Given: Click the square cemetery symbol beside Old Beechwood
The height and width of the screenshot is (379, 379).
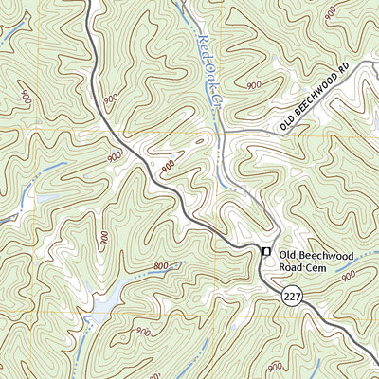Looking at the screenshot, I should pyautogui.click(x=266, y=251).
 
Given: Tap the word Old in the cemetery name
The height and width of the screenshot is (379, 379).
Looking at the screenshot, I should pyautogui.click(x=290, y=252).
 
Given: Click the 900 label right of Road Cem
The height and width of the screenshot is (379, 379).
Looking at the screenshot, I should pyautogui.click(x=347, y=277).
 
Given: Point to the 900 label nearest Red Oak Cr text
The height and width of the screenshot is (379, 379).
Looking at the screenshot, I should pyautogui.click(x=253, y=85).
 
